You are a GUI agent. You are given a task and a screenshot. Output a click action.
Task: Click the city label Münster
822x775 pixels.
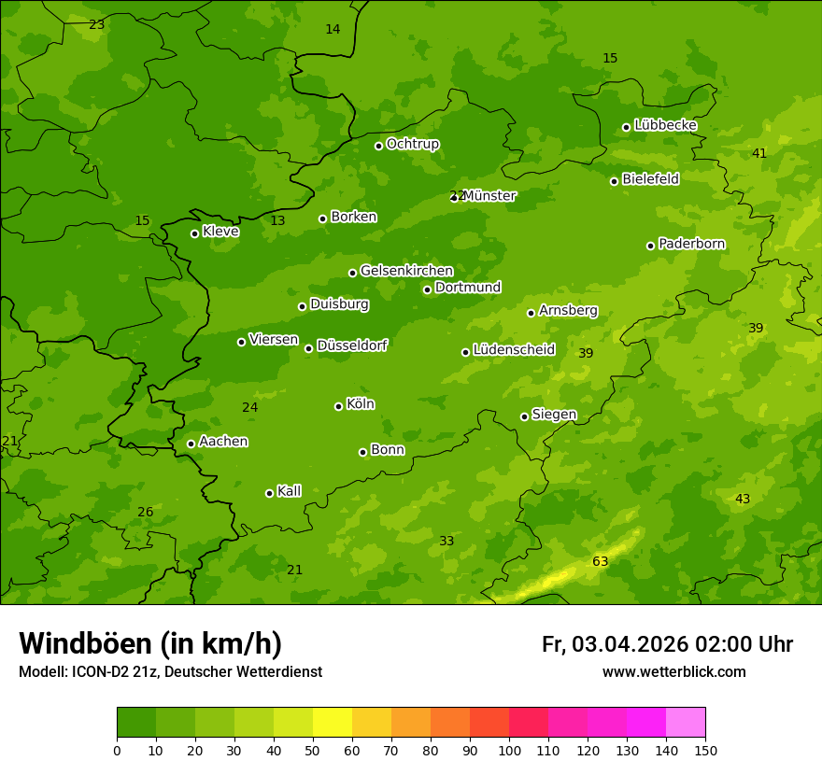pos(489,196)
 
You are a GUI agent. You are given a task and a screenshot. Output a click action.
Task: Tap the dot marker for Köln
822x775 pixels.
pos(338,406)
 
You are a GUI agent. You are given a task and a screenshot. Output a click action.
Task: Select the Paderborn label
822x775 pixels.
pos(691,244)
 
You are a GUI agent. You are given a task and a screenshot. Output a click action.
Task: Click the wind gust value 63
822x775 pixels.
pos(600,561)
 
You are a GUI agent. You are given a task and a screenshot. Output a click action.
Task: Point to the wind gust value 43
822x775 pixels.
pos(743,500)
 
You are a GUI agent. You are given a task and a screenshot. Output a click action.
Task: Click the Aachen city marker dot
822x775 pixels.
pos(191,444)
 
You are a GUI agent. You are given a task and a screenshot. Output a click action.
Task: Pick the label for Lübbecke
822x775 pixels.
pos(665,125)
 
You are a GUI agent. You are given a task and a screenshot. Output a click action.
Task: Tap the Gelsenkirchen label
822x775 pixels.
pos(406,271)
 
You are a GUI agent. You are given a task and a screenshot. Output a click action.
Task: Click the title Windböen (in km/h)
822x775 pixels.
pos(150,643)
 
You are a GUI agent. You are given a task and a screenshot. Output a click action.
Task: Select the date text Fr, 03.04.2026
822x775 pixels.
pos(615,644)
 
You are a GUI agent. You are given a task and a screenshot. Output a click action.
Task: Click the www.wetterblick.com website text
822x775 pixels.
pos(673,672)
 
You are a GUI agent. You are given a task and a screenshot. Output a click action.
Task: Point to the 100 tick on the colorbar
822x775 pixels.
pos(509,750)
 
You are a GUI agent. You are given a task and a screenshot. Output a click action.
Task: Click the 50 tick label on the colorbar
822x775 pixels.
pos(313,750)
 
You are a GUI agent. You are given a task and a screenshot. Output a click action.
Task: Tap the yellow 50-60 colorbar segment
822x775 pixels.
pos(333,722)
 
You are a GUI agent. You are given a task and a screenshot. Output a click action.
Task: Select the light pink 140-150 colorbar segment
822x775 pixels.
pos(686,722)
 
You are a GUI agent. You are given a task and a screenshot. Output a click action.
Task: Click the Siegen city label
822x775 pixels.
pos(554,415)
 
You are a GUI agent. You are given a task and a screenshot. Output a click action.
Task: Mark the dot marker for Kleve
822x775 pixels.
pos(194,233)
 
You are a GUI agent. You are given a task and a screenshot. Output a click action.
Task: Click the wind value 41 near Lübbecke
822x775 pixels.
pos(759,153)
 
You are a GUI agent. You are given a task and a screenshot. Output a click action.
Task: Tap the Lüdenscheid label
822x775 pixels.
pos(514,350)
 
